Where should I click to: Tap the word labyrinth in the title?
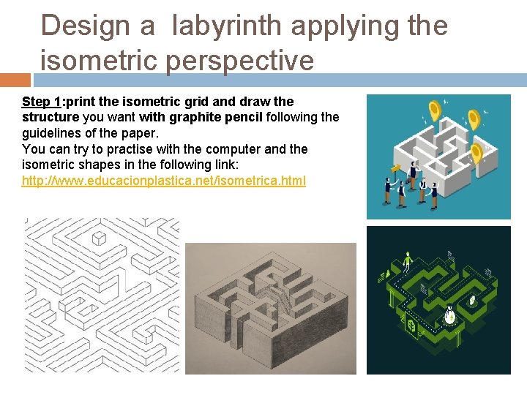point(228,26)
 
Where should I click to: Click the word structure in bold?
point(51,117)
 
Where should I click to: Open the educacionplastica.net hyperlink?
point(164,180)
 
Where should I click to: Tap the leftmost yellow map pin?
point(436,111)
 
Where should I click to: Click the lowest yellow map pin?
point(476,153)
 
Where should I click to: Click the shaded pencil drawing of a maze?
point(270,308)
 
